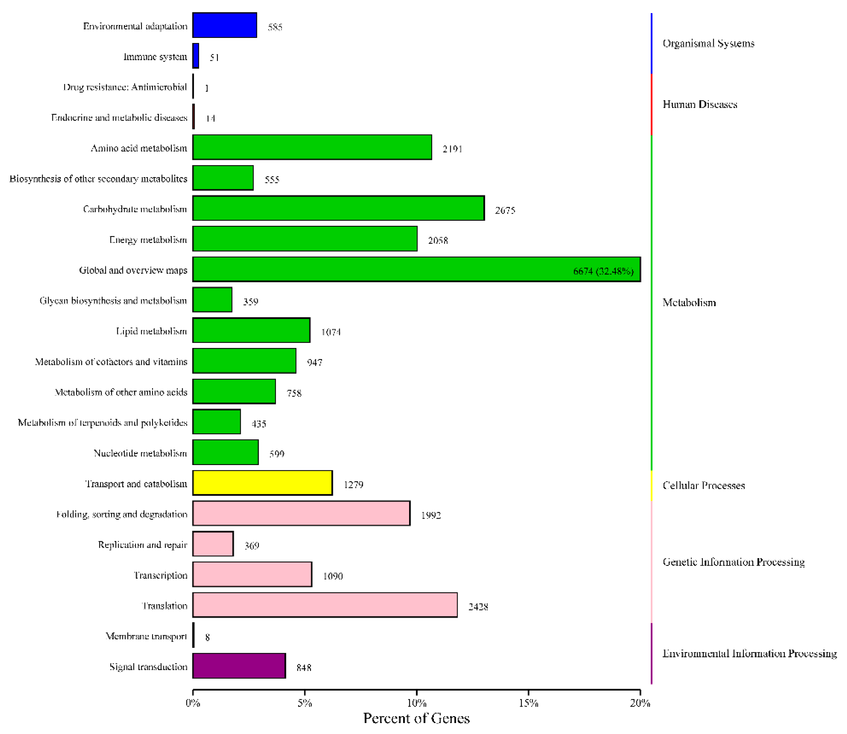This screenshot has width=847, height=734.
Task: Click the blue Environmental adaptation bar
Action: tap(224, 25)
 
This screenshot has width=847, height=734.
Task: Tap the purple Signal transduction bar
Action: tap(239, 666)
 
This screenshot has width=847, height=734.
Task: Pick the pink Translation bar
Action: tap(324, 605)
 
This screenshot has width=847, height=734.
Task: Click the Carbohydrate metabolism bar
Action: tap(338, 209)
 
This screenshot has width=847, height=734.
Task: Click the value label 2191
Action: tap(452, 149)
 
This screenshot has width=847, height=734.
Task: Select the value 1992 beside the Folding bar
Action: tap(430, 515)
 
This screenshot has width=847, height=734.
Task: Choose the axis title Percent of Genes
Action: tap(416, 718)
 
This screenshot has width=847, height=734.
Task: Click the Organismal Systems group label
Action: tap(708, 43)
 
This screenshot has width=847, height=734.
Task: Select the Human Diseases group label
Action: tap(700, 104)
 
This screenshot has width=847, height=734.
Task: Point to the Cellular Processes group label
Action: tap(703, 485)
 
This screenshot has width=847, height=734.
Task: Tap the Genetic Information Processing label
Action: tap(733, 562)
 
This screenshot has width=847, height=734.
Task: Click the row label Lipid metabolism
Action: tap(151, 331)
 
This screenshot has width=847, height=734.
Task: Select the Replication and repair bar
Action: tap(213, 544)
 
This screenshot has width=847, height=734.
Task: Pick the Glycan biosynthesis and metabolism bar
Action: tap(212, 300)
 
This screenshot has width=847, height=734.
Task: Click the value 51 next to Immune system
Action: tap(214, 57)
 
